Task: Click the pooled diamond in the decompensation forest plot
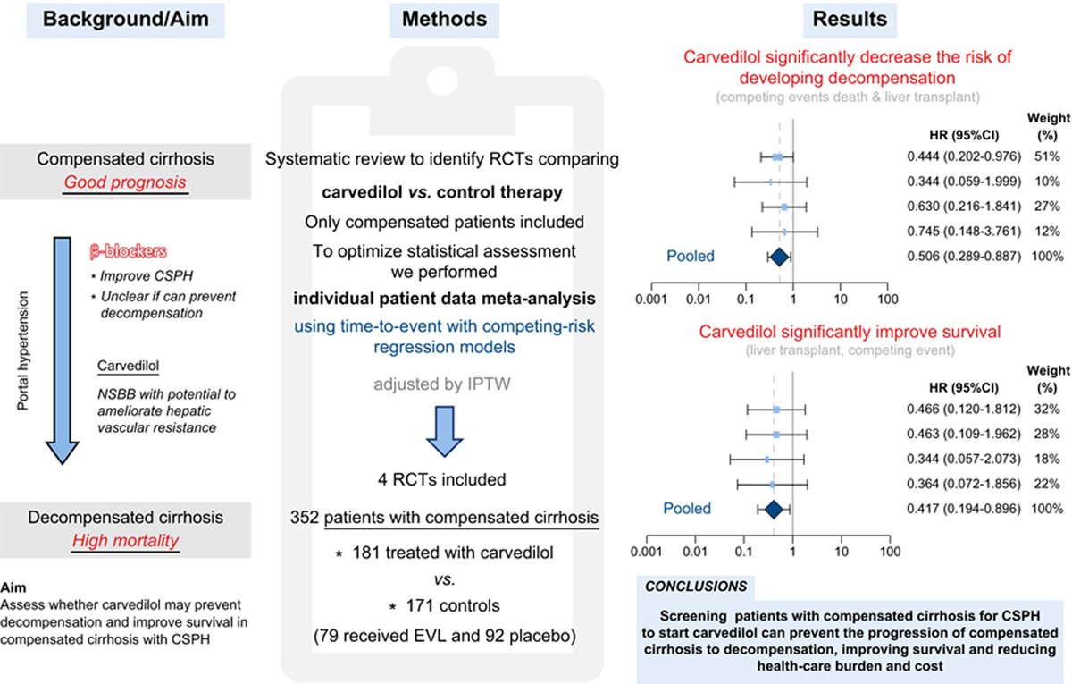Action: coord(777,258)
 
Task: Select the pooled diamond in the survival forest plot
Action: coord(774,510)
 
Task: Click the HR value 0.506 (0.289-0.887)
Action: coord(957,258)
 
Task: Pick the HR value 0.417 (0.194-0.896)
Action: coord(957,509)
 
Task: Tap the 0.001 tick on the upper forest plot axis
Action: coord(649,297)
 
